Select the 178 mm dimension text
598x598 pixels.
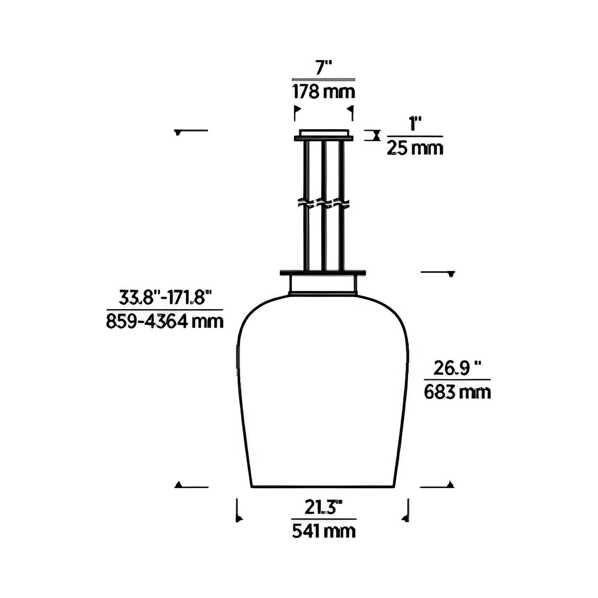[x=324, y=91]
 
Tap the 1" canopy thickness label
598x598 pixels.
[x=415, y=124]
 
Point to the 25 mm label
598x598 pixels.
[x=415, y=148]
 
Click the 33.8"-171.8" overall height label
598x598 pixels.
[x=165, y=298]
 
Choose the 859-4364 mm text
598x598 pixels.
[x=165, y=322]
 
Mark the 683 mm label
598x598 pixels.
[x=457, y=392]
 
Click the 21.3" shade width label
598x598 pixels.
[x=323, y=507]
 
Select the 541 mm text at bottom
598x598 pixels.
[x=324, y=531]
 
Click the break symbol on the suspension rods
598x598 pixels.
[x=324, y=203]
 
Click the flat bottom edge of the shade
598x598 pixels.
[x=323, y=488]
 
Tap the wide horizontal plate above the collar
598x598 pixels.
[x=323, y=273]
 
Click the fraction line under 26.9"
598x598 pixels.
[x=457, y=379]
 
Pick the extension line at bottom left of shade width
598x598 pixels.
[x=237, y=510]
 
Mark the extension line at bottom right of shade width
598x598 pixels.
[x=408, y=510]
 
